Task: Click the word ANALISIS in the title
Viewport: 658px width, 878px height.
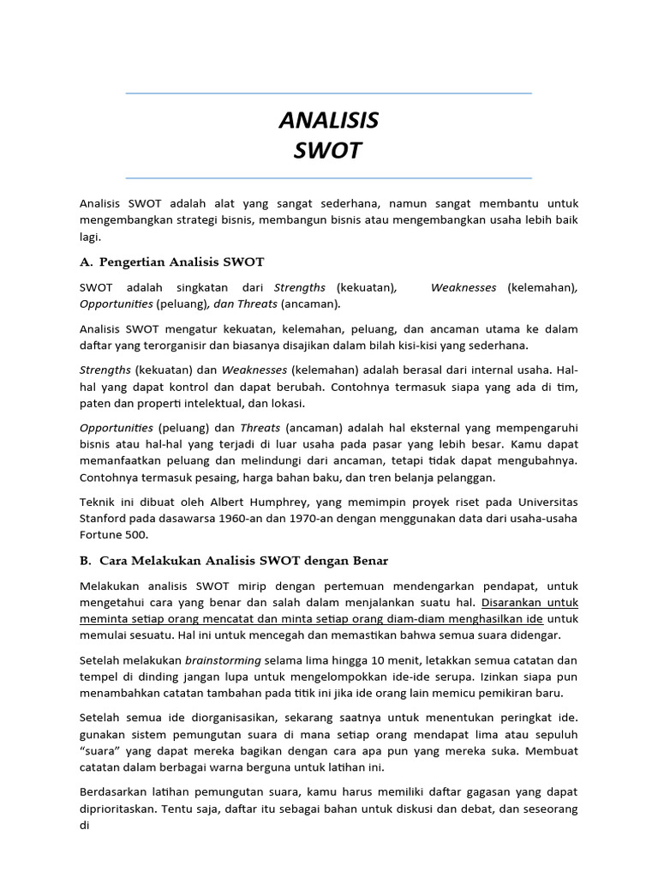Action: (x=328, y=120)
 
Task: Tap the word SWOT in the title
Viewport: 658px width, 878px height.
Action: (x=328, y=151)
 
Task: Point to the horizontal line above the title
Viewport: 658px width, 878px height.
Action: (x=328, y=93)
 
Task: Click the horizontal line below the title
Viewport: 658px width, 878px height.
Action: (x=328, y=178)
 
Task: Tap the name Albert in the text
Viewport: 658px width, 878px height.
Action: (x=236, y=502)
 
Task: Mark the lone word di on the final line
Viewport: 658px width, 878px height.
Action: (x=84, y=825)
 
